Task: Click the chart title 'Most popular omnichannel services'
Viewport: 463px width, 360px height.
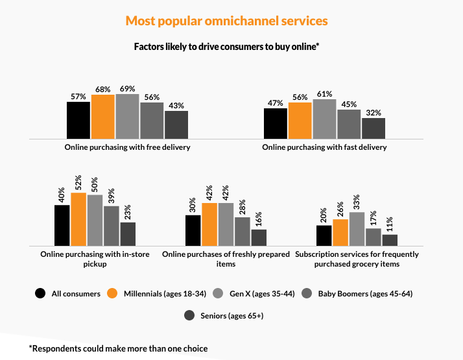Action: (x=226, y=21)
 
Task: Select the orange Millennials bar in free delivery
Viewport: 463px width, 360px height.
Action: (x=102, y=116)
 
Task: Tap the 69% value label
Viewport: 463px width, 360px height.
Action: (x=127, y=88)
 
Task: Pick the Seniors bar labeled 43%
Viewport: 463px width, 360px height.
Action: (x=176, y=124)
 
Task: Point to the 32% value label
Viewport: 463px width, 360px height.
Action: (x=374, y=112)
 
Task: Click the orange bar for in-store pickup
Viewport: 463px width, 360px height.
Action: (x=78, y=219)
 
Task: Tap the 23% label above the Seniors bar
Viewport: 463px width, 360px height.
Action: (x=127, y=211)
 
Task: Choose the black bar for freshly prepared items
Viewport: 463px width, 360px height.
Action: (x=193, y=230)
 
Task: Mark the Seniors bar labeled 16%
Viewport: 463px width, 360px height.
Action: (x=259, y=237)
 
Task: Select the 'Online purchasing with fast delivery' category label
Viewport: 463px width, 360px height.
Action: (x=324, y=147)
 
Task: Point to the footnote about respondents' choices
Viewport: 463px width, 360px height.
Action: (x=118, y=348)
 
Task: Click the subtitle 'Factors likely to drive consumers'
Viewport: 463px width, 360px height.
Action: (x=227, y=47)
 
